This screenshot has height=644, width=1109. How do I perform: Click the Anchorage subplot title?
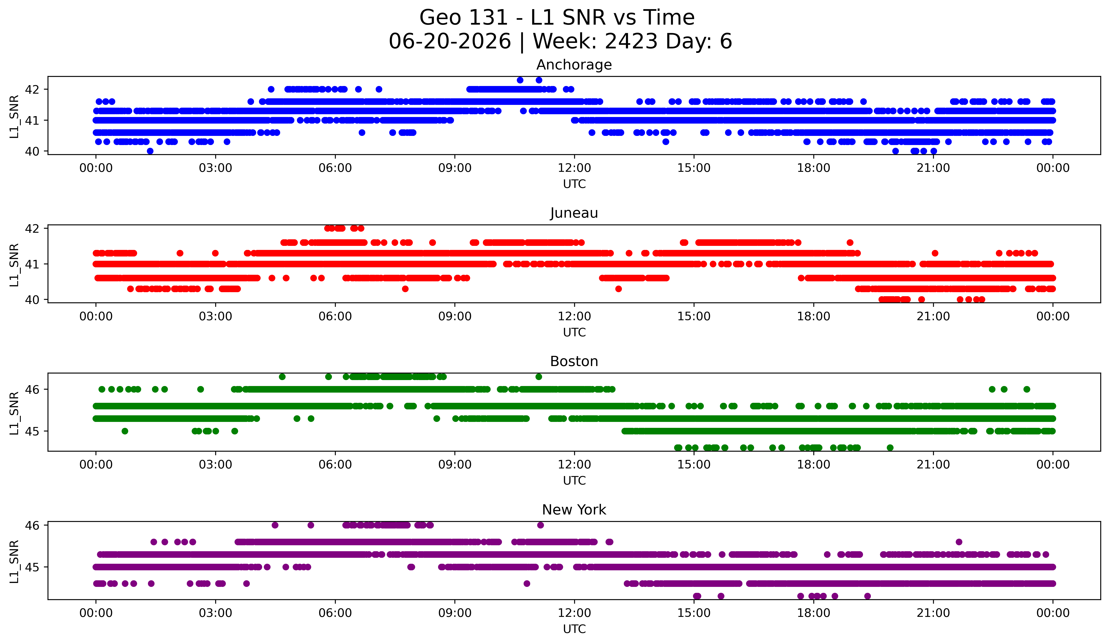tap(574, 65)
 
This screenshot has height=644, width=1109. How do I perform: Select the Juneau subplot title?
tap(574, 213)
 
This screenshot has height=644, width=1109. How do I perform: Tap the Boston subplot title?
tap(574, 361)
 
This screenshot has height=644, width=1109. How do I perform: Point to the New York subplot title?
tap(574, 510)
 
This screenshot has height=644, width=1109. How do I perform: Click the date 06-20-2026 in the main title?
tap(450, 41)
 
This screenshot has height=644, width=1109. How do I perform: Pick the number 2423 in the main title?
tap(631, 41)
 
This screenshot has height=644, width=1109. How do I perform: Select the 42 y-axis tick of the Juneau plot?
tap(32, 228)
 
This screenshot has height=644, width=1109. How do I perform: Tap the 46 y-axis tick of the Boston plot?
tap(32, 389)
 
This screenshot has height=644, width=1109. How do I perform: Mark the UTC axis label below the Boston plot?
tap(574, 481)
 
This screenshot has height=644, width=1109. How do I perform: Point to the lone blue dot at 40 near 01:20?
tap(150, 151)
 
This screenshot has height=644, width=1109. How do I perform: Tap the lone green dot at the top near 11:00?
tap(539, 377)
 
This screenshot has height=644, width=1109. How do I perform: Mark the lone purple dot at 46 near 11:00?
tap(540, 525)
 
